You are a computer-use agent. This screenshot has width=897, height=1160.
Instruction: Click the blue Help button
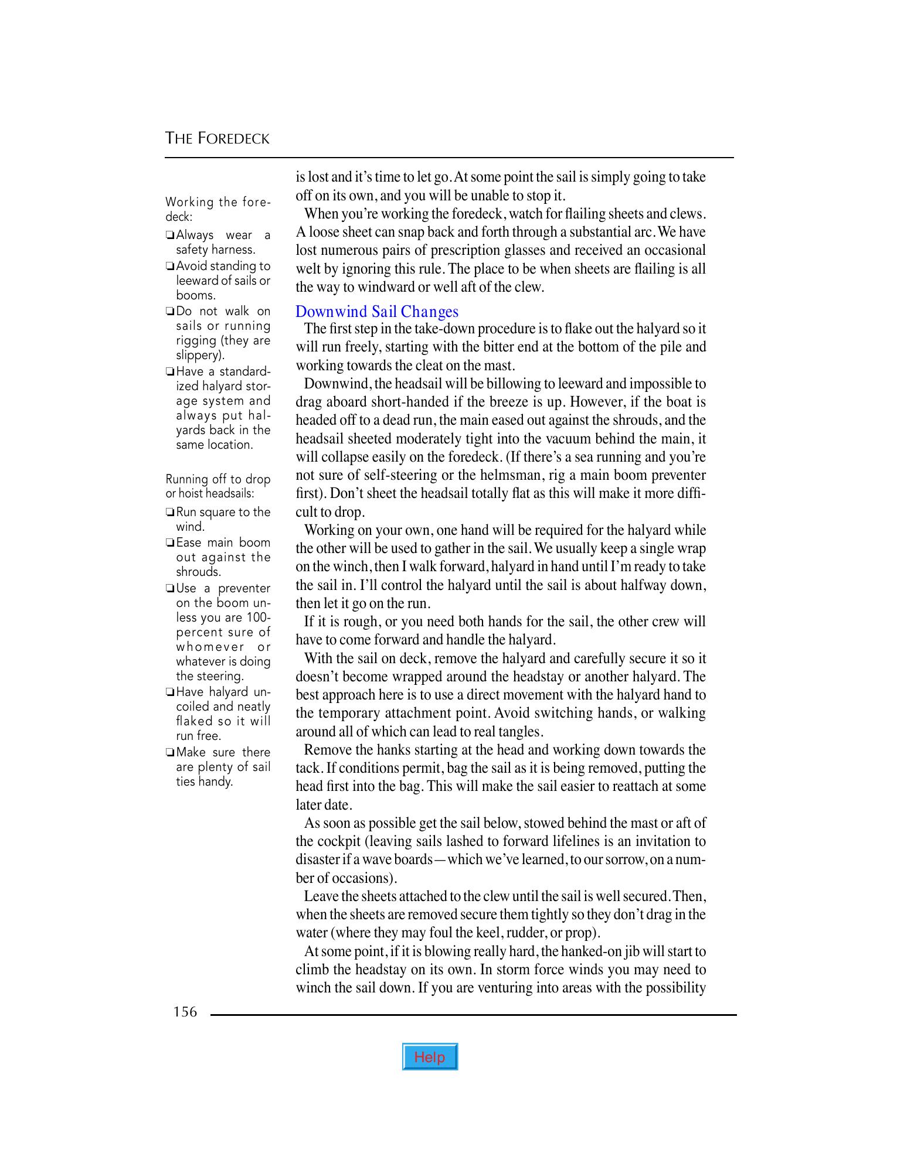tap(430, 1056)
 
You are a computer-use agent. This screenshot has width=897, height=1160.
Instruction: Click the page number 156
tap(185, 1012)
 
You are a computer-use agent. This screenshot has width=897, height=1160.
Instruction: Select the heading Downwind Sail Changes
tap(377, 311)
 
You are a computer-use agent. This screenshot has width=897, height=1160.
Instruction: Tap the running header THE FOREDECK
tap(218, 139)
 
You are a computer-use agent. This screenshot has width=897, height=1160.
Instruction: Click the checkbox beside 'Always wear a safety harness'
tap(169, 236)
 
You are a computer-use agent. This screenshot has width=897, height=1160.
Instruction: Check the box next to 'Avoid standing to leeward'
tap(169, 267)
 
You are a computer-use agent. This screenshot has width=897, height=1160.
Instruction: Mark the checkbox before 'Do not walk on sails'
tap(169, 312)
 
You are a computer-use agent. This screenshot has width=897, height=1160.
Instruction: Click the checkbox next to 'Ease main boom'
tap(169, 544)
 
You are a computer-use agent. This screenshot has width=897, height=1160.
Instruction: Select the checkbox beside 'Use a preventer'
tap(169, 589)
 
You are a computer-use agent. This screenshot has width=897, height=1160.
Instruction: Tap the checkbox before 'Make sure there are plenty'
tap(169, 753)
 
